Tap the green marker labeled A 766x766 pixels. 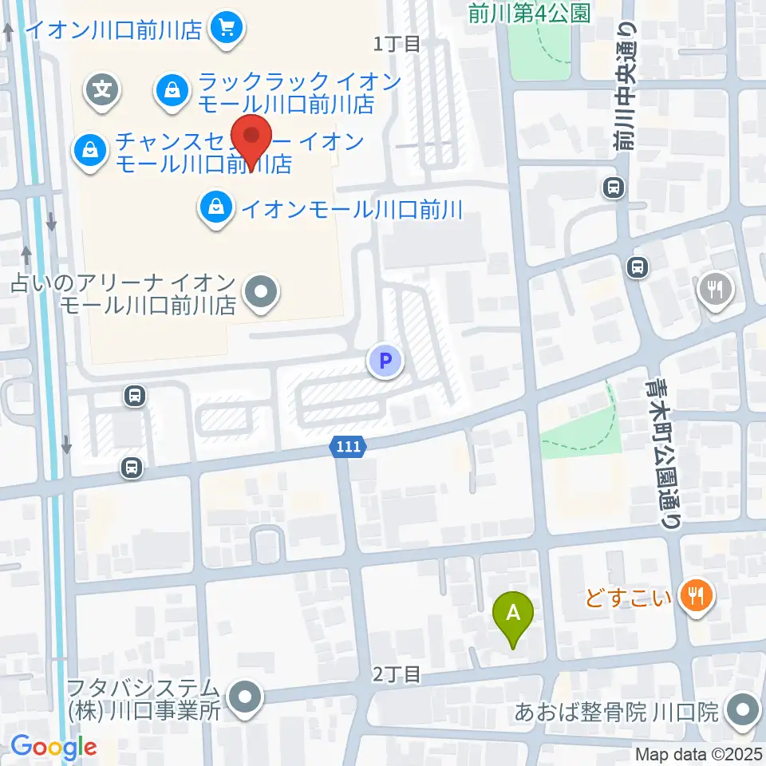click(514, 615)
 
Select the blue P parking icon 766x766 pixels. click(385, 361)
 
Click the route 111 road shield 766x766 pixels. click(349, 448)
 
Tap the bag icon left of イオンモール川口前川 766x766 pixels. click(215, 209)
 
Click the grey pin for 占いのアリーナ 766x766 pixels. click(260, 292)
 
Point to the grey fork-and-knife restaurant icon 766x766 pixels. click(716, 290)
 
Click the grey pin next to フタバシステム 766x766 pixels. click(244, 698)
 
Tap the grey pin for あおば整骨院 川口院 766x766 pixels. click(744, 709)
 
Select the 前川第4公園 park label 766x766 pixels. click(529, 13)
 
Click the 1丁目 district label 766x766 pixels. click(397, 43)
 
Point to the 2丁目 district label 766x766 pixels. click(397, 675)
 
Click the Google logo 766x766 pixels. click(53, 747)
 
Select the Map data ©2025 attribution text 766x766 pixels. click(698, 753)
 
